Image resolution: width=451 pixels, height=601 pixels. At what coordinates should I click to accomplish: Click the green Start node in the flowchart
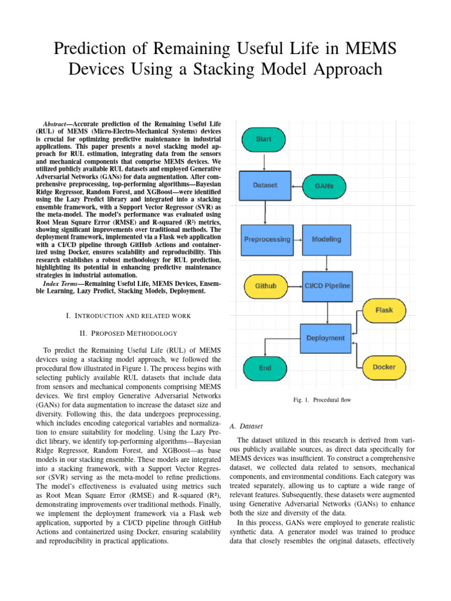(264, 139)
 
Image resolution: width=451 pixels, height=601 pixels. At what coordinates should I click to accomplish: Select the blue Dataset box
(265, 185)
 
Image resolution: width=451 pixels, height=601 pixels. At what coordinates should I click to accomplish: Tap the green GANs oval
(324, 185)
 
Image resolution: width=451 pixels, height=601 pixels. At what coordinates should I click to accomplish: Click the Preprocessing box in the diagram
(267, 239)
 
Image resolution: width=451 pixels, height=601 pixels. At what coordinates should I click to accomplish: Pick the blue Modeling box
(325, 239)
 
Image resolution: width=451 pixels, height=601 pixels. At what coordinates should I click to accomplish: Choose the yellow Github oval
(265, 286)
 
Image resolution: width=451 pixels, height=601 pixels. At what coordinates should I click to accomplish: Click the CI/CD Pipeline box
(327, 286)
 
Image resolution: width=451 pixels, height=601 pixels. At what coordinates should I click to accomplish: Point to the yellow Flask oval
(384, 310)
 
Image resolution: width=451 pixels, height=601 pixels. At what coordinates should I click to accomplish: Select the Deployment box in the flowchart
(325, 337)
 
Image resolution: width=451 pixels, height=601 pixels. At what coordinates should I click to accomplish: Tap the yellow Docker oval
(384, 367)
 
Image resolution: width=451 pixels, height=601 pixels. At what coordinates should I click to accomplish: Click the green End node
(265, 367)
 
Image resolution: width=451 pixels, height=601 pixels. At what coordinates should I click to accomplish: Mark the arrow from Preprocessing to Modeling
(297, 239)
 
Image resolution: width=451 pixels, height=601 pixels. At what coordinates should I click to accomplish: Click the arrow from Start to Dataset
(265, 162)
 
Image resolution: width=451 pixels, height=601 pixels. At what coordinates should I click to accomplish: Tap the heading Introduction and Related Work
(128, 316)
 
